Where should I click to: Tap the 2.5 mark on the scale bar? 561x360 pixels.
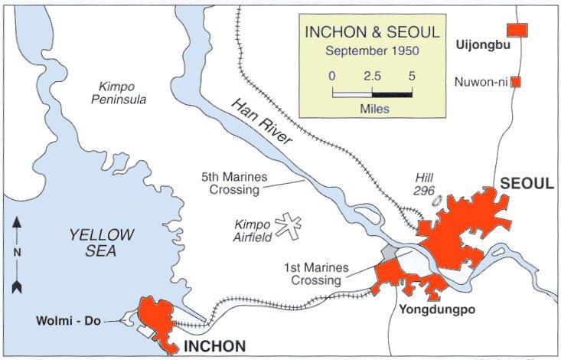tap(373, 77)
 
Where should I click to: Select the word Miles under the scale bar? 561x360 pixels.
tap(374, 109)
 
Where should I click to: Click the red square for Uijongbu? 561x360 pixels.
tap(519, 29)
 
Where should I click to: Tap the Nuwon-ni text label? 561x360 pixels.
tap(481, 81)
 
